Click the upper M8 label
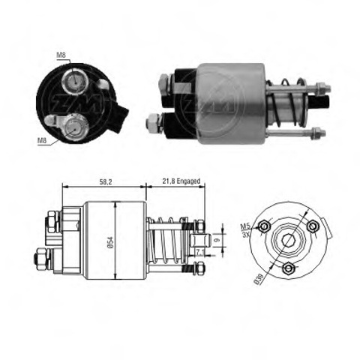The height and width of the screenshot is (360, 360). (61, 55)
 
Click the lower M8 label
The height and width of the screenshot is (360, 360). (42, 140)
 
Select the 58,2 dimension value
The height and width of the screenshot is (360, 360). (106, 182)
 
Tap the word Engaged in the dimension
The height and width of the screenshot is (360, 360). (188, 181)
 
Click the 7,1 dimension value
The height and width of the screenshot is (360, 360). (199, 253)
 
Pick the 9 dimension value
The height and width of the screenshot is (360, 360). (217, 240)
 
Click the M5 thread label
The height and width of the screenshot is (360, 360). (245, 226)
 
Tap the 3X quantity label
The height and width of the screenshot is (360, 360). (246, 234)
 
